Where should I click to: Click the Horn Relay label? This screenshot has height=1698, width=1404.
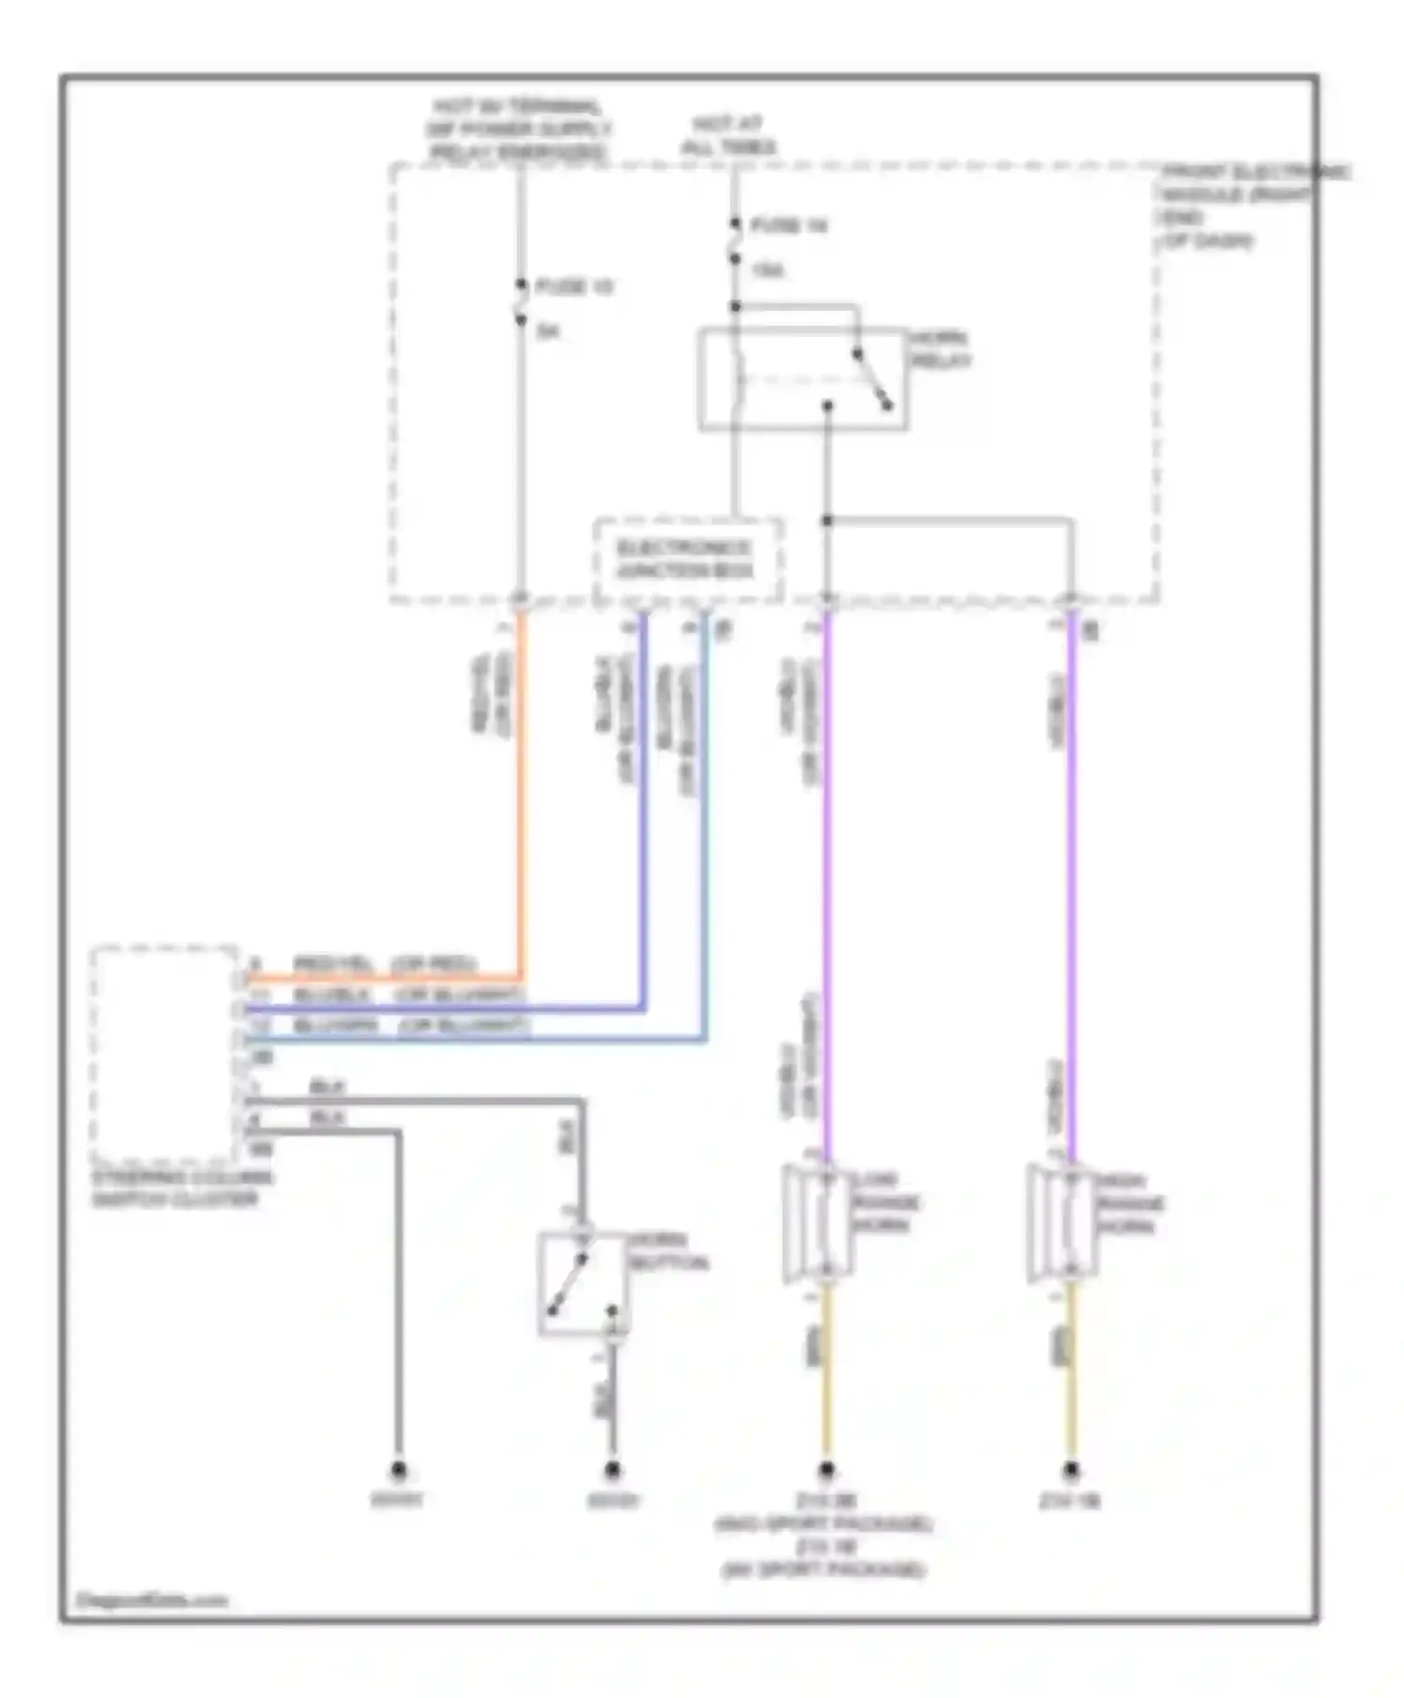(x=941, y=349)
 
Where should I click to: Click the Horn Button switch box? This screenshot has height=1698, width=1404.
(x=582, y=1283)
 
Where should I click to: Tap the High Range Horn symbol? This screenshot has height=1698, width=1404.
(x=1062, y=1222)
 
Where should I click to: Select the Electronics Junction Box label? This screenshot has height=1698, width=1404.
(x=684, y=559)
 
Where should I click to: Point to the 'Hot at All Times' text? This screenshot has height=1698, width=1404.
(x=728, y=136)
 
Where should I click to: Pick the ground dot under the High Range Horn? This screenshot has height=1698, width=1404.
(x=1072, y=1470)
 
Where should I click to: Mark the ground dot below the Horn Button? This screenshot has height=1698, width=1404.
(x=612, y=1470)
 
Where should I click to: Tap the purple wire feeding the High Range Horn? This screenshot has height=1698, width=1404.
(x=1073, y=889)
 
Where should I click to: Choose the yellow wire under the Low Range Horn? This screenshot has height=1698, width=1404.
(x=826, y=1376)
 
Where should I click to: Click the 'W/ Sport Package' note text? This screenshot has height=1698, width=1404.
(x=824, y=1570)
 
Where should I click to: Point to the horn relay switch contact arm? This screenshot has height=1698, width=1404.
(x=872, y=380)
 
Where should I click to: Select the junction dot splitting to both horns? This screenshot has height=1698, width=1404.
(x=826, y=520)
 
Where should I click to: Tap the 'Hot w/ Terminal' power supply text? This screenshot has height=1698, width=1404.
(x=518, y=129)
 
